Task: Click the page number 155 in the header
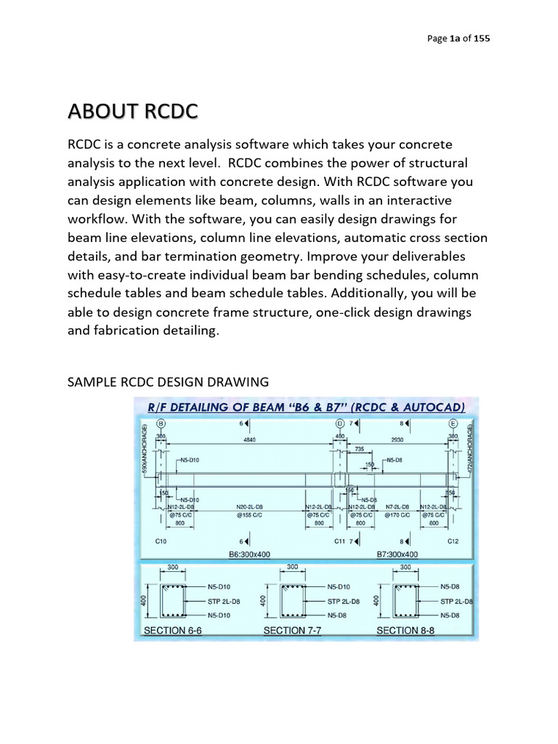[481, 39]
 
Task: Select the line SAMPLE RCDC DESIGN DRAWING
[169, 381]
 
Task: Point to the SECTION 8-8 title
[405, 631]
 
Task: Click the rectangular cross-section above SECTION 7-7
[292, 601]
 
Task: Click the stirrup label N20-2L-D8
[249, 506]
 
